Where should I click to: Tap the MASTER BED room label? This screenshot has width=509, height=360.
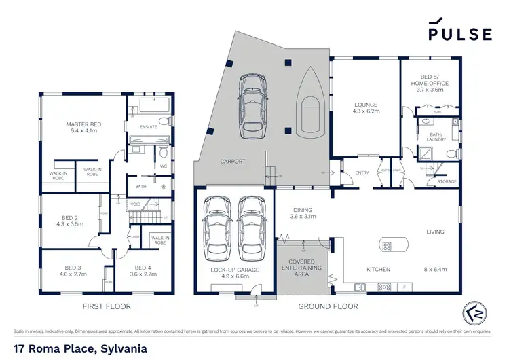coord(82,125)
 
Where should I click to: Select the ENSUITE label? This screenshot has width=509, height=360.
coord(148,127)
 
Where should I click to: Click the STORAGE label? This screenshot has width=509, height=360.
coord(447,181)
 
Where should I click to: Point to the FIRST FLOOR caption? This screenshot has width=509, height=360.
coord(106,306)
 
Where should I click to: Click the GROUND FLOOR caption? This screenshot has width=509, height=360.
coord(328,306)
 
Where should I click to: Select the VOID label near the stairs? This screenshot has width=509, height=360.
coord(135,204)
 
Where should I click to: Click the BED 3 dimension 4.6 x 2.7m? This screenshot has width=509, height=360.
coord(72,275)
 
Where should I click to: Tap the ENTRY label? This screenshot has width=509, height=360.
coord(362,173)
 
